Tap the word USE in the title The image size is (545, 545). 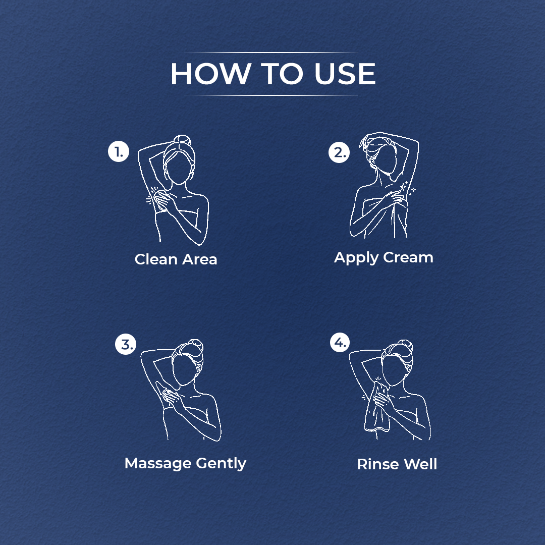345,74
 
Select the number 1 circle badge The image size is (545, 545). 119,151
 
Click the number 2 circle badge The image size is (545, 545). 339,152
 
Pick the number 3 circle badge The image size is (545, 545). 126,344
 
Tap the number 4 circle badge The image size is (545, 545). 340,342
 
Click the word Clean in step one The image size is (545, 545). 156,259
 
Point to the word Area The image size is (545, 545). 199,259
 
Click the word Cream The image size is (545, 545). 408,257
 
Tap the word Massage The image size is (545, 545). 158,464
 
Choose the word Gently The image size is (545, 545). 221,464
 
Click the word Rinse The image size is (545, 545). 376,464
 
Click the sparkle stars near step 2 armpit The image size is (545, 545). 407,188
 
